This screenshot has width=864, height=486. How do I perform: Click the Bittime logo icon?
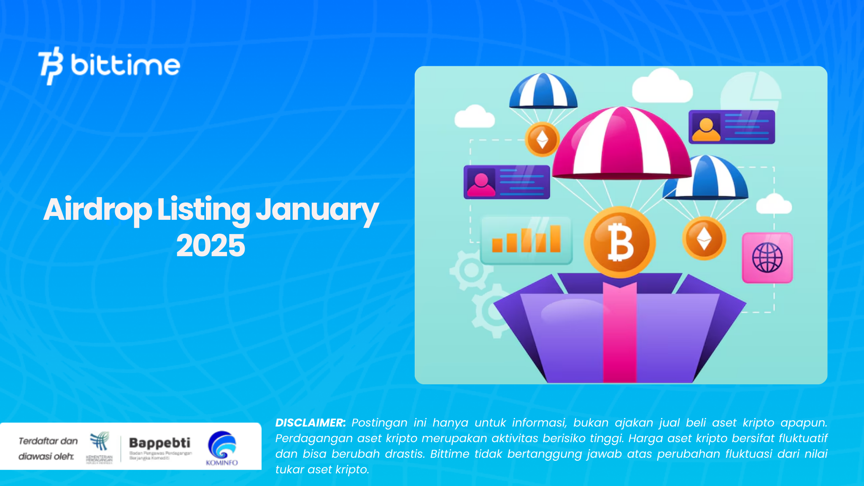click(x=51, y=65)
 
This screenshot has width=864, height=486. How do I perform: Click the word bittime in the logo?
click(x=125, y=65)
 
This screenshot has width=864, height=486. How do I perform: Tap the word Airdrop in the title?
click(x=97, y=210)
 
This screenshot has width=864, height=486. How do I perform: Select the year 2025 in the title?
click(x=211, y=246)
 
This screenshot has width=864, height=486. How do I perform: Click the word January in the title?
click(x=317, y=210)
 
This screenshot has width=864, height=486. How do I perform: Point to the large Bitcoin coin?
click(x=620, y=243)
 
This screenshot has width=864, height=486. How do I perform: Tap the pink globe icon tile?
click(x=767, y=258)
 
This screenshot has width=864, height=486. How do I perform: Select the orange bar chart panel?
click(x=526, y=240)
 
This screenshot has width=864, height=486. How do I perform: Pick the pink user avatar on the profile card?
click(x=481, y=183)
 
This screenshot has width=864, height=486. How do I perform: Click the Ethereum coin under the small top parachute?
click(x=542, y=139)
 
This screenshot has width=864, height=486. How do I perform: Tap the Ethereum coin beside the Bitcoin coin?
click(x=704, y=238)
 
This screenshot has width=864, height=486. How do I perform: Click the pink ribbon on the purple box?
click(x=619, y=333)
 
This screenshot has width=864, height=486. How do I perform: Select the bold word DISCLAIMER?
click(x=310, y=423)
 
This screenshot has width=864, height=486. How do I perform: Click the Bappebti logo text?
click(x=159, y=443)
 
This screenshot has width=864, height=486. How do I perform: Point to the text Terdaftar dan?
click(x=48, y=441)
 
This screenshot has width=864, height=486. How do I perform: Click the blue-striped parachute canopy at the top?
click(x=543, y=91)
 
